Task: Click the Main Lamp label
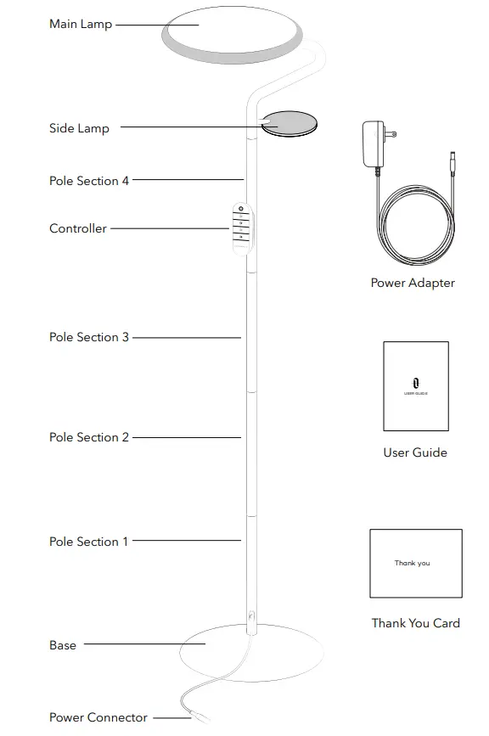pyautogui.click(x=81, y=25)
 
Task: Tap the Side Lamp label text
pyautogui.click(x=79, y=129)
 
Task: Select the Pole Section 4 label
pyautogui.click(x=89, y=181)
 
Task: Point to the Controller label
pyautogui.click(x=78, y=228)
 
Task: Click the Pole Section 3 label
pyautogui.click(x=89, y=337)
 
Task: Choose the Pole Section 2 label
pyautogui.click(x=89, y=437)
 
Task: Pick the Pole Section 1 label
pyautogui.click(x=89, y=542)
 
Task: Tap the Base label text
pyautogui.click(x=63, y=645)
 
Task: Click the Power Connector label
pyautogui.click(x=98, y=717)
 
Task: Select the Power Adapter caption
pyautogui.click(x=413, y=283)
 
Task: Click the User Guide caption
pyautogui.click(x=414, y=452)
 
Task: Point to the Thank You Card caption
pyautogui.click(x=416, y=623)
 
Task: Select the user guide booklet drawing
pyautogui.click(x=416, y=386)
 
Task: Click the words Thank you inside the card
pyautogui.click(x=412, y=563)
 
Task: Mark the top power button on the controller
pyautogui.click(x=241, y=209)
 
